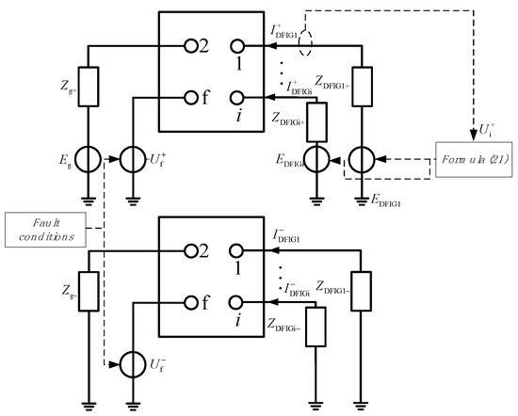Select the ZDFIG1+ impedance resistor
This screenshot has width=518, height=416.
coord(362,86)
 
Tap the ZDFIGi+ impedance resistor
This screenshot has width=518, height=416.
coord(314,120)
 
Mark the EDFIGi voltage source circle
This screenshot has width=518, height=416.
coord(314,157)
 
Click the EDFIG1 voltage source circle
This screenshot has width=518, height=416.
coord(362,157)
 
